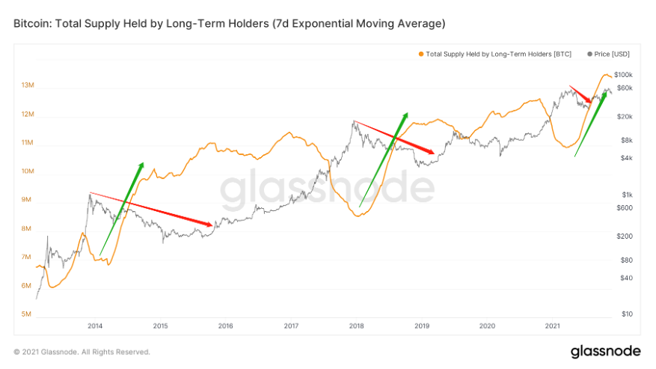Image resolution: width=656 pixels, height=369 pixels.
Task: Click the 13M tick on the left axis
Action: (x=28, y=85)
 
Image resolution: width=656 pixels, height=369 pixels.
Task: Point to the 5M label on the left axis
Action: (x=26, y=314)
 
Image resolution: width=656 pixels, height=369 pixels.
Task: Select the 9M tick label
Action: (x=26, y=199)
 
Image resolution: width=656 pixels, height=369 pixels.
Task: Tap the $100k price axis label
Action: (x=623, y=75)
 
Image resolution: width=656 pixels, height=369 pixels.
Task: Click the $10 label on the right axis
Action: (x=627, y=314)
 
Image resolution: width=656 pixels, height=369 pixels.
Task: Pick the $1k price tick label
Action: (x=628, y=195)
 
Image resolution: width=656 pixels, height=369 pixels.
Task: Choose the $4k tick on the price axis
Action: (x=627, y=158)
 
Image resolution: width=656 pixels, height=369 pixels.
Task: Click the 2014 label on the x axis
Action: (x=95, y=326)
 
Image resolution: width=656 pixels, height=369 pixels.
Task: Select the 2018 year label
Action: (x=357, y=326)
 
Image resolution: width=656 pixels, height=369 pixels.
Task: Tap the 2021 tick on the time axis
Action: (x=552, y=326)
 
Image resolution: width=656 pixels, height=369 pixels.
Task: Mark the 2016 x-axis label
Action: (x=225, y=326)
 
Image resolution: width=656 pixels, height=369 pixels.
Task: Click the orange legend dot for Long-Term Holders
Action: (x=421, y=54)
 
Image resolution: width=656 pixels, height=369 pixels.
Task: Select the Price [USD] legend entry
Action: (x=608, y=54)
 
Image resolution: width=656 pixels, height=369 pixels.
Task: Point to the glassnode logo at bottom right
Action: (x=606, y=351)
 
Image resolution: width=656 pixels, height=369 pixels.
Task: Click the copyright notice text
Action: (x=82, y=352)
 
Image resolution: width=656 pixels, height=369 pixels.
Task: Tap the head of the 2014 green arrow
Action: (x=141, y=165)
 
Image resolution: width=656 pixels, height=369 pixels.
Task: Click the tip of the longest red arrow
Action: (x=212, y=225)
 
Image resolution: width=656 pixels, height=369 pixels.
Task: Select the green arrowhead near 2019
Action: (x=405, y=115)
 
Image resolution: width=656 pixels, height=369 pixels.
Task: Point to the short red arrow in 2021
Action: (x=580, y=94)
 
